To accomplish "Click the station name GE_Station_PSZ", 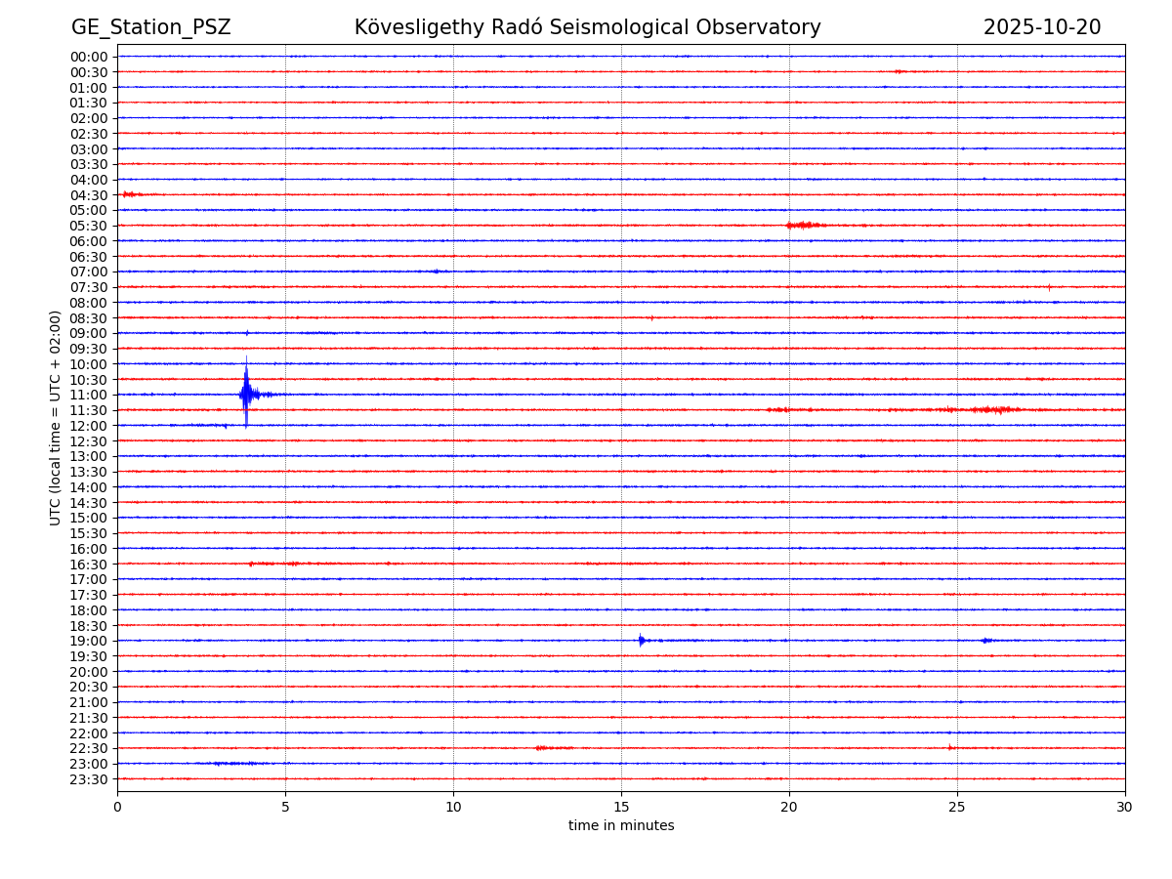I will (x=150, y=27).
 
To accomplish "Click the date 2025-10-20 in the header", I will (x=1041, y=27).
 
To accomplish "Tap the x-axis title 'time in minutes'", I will (x=621, y=825).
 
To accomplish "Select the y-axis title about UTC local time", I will (x=56, y=417).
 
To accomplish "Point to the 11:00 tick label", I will (x=89, y=395).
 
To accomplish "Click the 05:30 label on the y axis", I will (x=89, y=226).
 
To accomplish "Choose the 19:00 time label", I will (x=89, y=641).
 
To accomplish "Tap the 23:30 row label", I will (x=89, y=779).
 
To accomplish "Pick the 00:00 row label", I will (x=89, y=57).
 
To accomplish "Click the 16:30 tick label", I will (x=89, y=564).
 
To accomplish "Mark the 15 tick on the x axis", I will (x=621, y=807).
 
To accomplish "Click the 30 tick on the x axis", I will (x=1124, y=807).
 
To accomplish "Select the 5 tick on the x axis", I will (x=285, y=807).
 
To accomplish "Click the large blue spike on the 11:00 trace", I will (x=246, y=395).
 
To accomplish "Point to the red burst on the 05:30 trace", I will (x=804, y=226).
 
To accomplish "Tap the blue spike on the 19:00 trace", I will (x=641, y=641).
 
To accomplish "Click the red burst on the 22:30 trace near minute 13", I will (x=554, y=748).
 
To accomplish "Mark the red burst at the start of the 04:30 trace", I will (x=130, y=194).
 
